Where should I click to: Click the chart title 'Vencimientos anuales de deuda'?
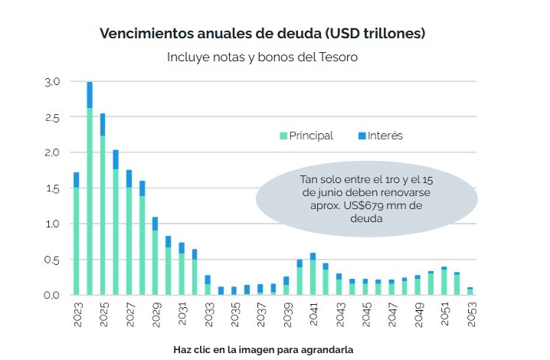click(x=263, y=34)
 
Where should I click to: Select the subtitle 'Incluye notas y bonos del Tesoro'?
click(x=263, y=57)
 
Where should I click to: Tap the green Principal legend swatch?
click(x=283, y=136)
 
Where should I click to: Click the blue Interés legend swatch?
click(x=362, y=136)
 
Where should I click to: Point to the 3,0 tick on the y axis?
click(x=52, y=81)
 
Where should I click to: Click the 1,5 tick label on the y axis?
click(x=52, y=188)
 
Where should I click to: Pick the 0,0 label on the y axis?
click(x=52, y=295)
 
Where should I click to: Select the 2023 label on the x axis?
click(x=77, y=315)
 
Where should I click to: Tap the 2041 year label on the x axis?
click(x=313, y=315)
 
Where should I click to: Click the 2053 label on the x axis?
click(x=470, y=315)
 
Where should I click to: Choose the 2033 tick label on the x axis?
click(x=208, y=315)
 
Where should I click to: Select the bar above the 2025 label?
click(x=103, y=207)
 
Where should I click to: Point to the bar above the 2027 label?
click(x=129, y=234)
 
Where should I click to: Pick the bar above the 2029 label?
click(x=155, y=257)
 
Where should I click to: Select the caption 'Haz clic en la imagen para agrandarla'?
click(x=263, y=349)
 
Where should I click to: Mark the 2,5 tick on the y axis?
click(x=52, y=117)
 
